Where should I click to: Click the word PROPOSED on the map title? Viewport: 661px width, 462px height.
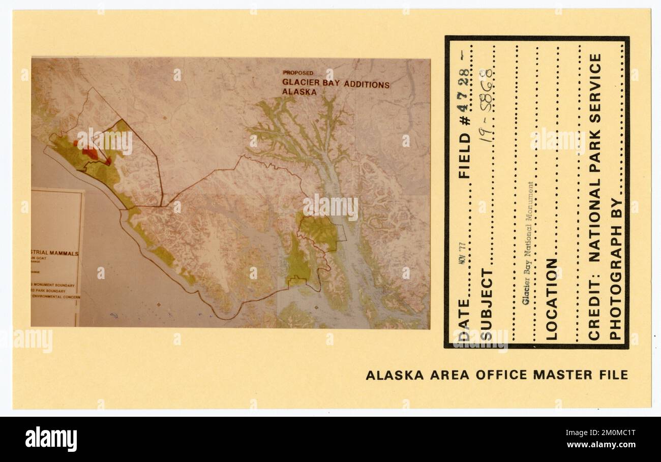[x=298, y=73]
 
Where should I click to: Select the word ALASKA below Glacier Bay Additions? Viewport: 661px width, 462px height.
[x=299, y=93]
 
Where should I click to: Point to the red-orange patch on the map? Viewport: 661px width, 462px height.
[x=90, y=152]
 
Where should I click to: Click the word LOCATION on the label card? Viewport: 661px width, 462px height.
[x=552, y=299]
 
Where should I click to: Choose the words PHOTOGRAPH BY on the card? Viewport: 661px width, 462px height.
[x=615, y=274]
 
